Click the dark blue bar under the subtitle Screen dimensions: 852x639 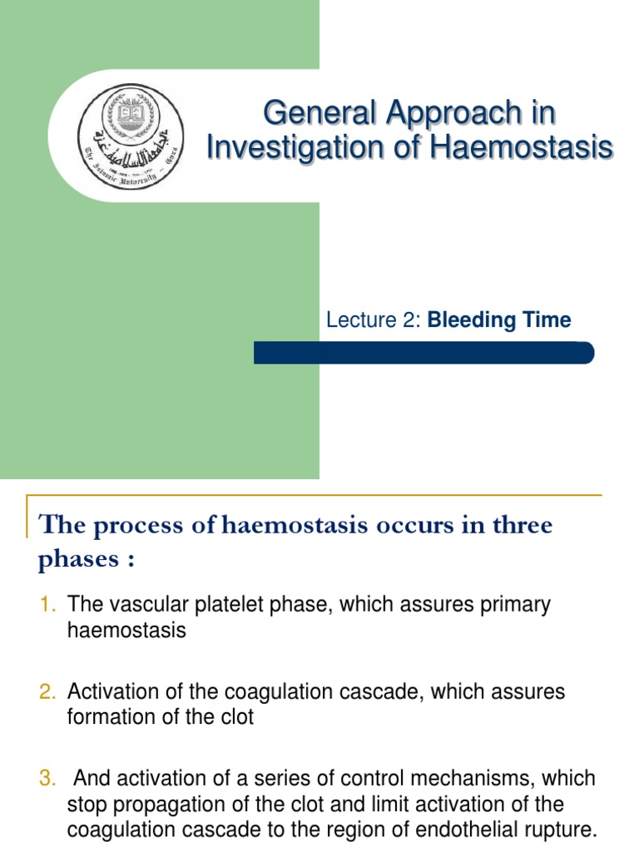tap(424, 353)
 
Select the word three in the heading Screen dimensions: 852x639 tap(518, 527)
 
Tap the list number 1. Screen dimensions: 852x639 tap(47, 604)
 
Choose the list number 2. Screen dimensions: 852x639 tap(47, 691)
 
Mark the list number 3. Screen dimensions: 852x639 tap(47, 779)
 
